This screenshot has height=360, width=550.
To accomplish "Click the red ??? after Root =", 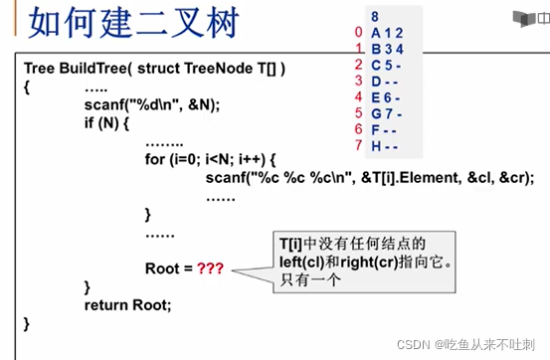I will (212, 269).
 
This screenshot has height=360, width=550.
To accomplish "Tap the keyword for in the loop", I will (155, 160).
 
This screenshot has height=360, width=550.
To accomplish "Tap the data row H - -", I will (386, 145).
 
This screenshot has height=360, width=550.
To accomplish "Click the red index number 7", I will (358, 145).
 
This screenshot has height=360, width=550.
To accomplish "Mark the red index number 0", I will (358, 32).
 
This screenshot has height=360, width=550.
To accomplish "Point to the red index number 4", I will (358, 96).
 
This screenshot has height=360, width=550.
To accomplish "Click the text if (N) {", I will (107, 123).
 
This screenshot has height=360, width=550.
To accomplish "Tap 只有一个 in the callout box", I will (309, 280).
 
